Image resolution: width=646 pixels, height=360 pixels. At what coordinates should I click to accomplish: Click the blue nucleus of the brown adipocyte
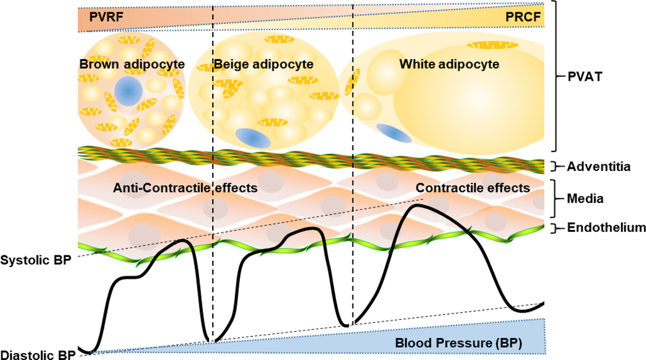coord(129,92)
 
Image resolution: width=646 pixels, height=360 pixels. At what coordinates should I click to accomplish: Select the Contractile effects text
coord(473,187)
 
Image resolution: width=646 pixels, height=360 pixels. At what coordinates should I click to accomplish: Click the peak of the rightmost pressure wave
coord(419,206)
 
